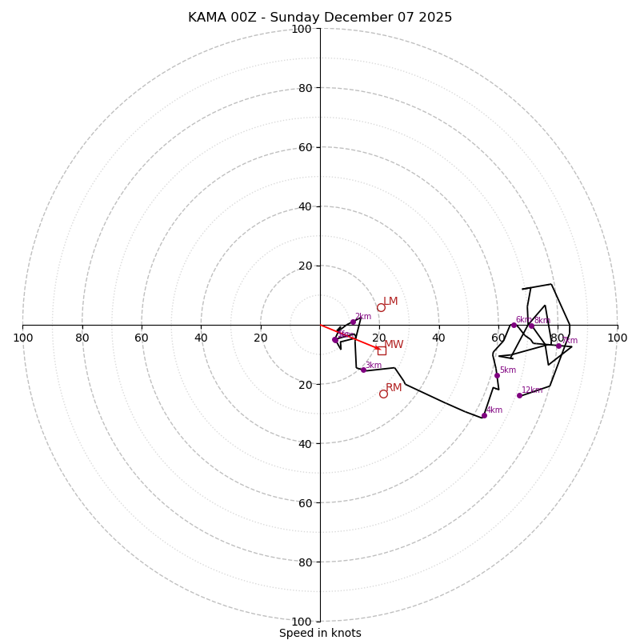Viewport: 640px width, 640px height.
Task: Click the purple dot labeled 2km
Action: (x=353, y=322)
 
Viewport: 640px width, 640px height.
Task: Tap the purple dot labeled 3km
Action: (x=363, y=370)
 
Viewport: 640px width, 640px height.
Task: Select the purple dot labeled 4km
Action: (x=484, y=415)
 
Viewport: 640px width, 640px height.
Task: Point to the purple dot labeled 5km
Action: (x=497, y=375)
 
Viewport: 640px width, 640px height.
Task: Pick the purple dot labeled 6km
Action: (x=514, y=325)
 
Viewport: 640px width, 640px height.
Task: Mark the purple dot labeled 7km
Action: (x=558, y=346)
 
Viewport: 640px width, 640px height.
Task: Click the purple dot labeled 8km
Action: (x=531, y=326)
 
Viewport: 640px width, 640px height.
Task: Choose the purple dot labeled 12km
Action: (x=519, y=395)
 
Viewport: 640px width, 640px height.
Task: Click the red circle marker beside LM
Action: (x=381, y=307)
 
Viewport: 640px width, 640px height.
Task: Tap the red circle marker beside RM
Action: (x=383, y=394)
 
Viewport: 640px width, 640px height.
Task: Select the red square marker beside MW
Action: (x=382, y=350)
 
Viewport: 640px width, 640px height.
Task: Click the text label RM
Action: (x=394, y=388)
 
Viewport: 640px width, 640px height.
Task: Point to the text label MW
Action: (x=394, y=345)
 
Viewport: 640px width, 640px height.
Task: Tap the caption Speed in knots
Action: (x=320, y=634)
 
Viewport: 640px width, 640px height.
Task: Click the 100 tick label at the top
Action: (x=301, y=30)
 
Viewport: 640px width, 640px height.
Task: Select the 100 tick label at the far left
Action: (x=22, y=338)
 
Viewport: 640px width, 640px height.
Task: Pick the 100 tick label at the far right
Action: (x=617, y=338)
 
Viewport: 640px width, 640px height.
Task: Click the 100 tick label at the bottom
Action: (x=301, y=622)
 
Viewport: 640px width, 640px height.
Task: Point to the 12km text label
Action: (x=532, y=390)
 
